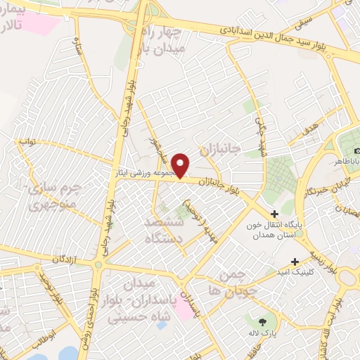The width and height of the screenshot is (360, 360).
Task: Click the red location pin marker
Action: (x=181, y=165)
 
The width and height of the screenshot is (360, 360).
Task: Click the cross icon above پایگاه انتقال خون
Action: (x=274, y=213)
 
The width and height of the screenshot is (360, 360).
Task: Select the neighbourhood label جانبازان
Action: (x=220, y=150)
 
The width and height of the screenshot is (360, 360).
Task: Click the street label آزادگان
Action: (x=63, y=259)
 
